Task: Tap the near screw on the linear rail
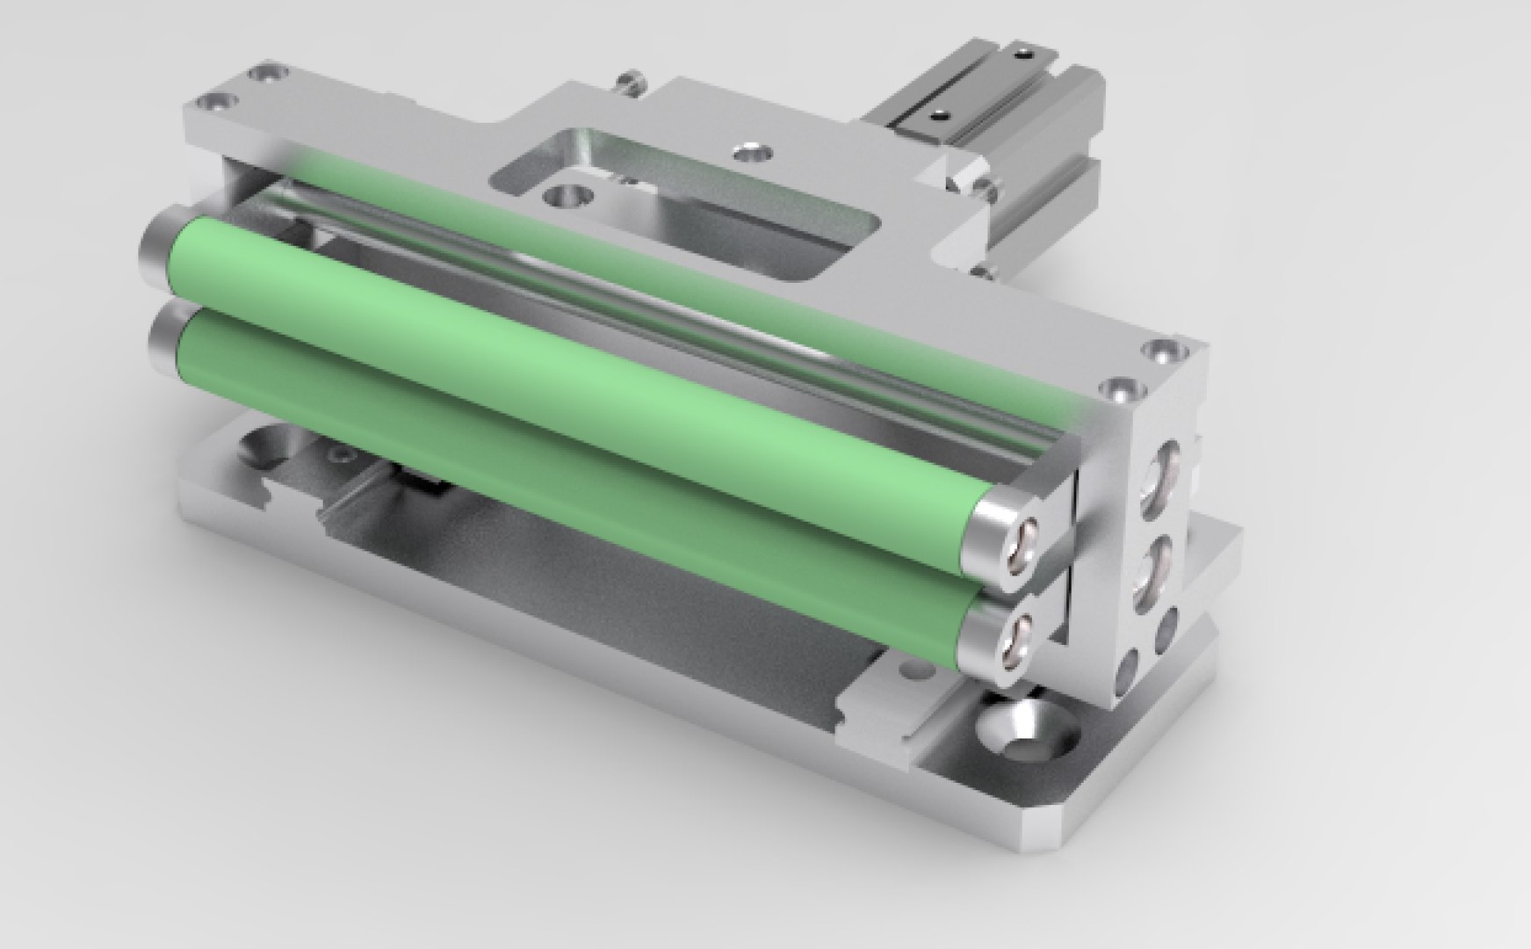(x=939, y=113)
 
